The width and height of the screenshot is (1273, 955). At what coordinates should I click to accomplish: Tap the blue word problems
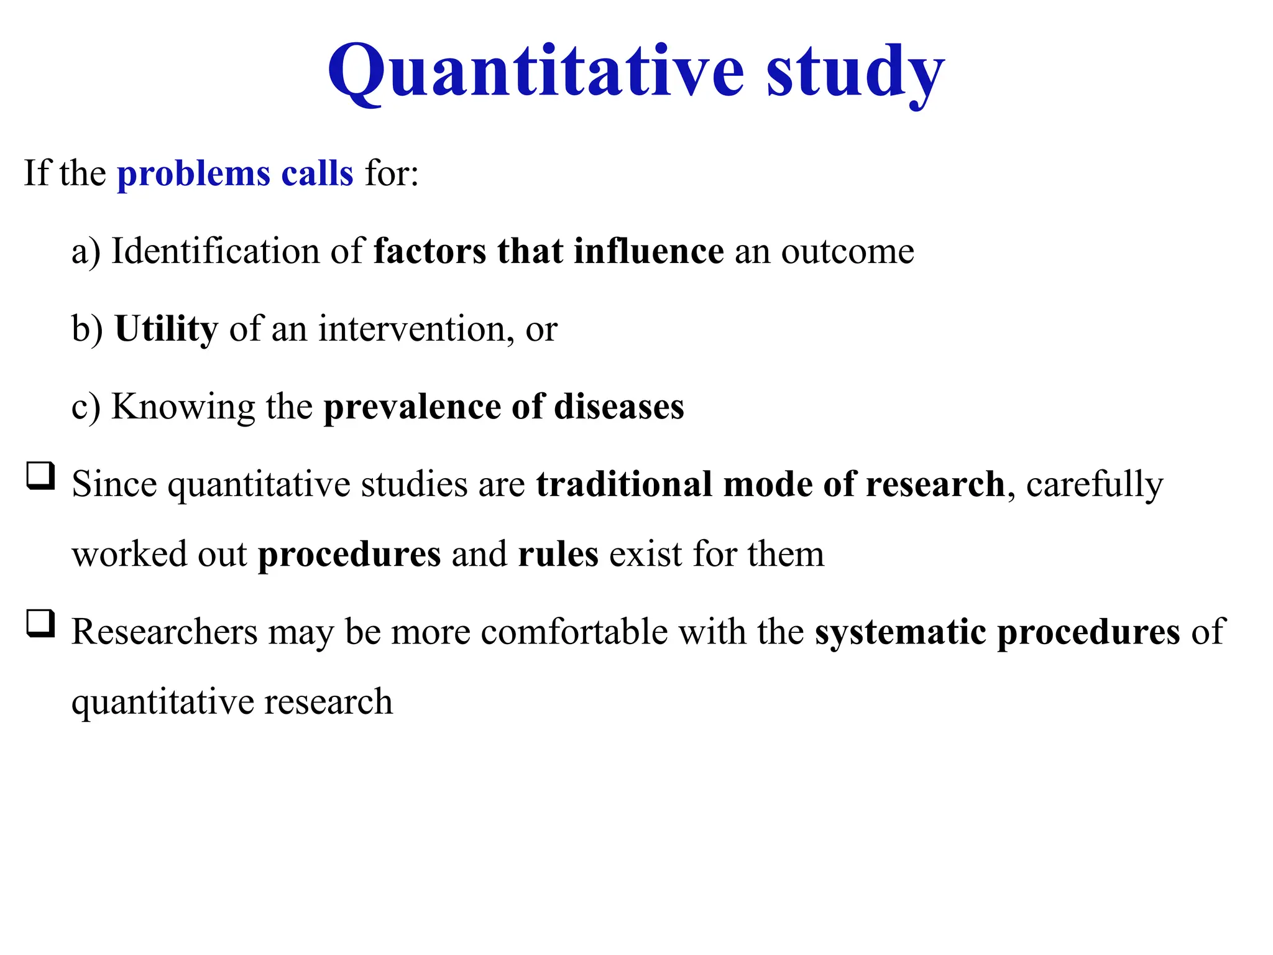[193, 174]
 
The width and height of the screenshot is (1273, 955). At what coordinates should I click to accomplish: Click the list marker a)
[86, 252]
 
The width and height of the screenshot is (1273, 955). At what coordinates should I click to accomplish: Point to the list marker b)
[87, 329]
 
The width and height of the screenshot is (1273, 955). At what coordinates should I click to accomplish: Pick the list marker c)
[86, 407]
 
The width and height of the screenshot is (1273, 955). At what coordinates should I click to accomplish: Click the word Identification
[215, 251]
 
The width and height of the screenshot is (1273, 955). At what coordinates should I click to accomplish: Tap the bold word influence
[648, 251]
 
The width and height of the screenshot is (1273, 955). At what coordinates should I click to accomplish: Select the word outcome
[847, 252]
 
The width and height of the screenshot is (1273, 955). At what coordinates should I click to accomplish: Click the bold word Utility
[166, 330]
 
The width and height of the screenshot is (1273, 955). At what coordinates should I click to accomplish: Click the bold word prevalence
[411, 407]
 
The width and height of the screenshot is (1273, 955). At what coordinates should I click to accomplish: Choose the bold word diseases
[618, 407]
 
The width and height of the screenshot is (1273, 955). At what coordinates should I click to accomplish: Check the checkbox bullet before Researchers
[40, 624]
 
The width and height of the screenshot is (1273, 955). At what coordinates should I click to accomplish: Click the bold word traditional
[624, 484]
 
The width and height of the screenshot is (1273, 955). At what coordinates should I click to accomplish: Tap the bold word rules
[558, 555]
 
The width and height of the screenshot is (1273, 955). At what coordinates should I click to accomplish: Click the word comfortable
[574, 632]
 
